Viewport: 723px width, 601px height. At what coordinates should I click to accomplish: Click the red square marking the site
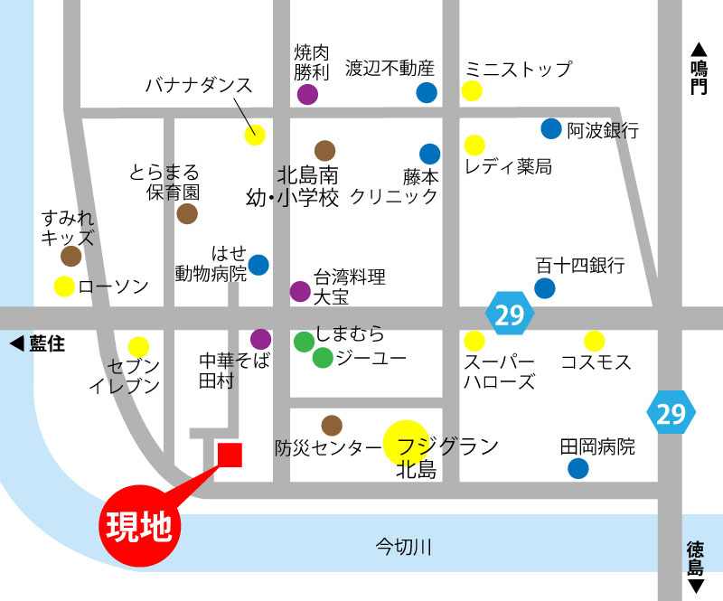229,455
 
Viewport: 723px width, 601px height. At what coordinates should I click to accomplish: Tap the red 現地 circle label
140,525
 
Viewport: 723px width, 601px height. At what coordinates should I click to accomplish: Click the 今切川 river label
405,546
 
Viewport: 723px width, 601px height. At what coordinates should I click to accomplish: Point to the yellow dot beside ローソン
64,287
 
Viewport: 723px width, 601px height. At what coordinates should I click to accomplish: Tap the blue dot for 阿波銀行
551,128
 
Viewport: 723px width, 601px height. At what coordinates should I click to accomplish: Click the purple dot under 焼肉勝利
308,94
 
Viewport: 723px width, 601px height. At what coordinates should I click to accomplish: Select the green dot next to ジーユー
323,358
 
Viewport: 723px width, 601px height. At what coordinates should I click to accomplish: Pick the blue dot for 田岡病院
577,468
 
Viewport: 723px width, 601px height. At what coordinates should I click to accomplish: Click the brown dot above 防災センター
332,425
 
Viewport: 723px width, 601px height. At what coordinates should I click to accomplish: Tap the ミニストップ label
518,69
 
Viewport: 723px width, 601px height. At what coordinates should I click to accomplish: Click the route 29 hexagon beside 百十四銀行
511,314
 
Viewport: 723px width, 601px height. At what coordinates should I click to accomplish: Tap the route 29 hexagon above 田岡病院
671,414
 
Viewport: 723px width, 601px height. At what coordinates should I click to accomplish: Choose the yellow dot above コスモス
594,341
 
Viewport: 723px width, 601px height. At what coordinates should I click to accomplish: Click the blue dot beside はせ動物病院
258,265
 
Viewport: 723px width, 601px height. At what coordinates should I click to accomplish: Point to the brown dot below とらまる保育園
187,213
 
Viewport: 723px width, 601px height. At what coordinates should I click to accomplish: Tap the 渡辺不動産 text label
390,68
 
